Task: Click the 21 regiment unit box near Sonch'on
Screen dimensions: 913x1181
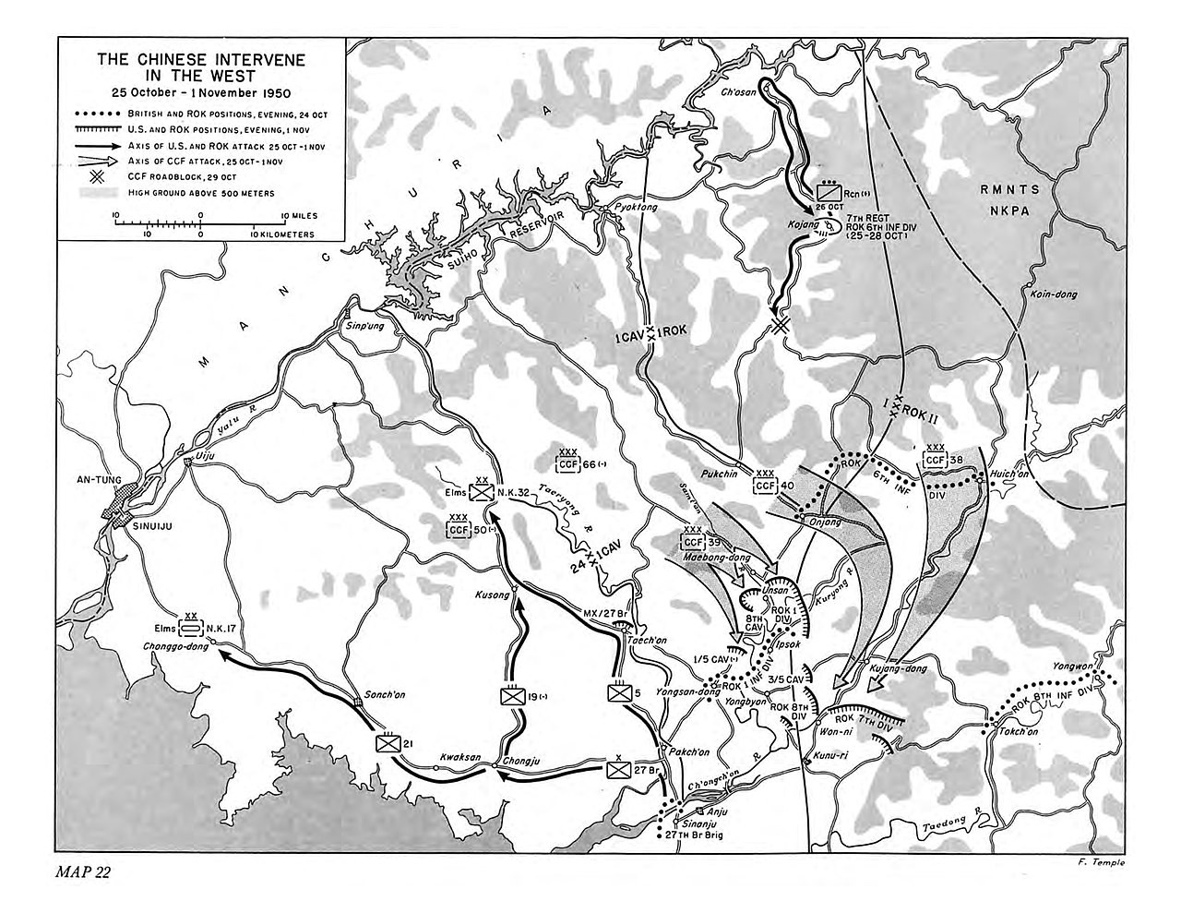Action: pyautogui.click(x=388, y=743)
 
